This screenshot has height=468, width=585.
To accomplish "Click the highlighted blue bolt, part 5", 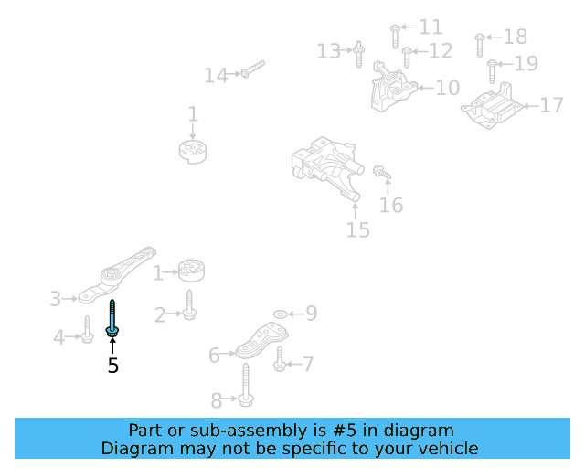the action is (x=112, y=318).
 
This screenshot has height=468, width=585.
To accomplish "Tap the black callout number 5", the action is (x=113, y=366).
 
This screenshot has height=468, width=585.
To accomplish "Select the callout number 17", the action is (x=551, y=105).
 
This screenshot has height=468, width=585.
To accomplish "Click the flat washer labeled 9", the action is (x=281, y=314).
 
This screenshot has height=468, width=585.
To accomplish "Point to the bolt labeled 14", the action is (x=253, y=69).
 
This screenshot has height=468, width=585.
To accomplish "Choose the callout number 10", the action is (x=448, y=88).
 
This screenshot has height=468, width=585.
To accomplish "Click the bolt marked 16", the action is (x=382, y=173).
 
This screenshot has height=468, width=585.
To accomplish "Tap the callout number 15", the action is (x=358, y=230).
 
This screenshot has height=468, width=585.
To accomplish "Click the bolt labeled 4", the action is (x=87, y=330).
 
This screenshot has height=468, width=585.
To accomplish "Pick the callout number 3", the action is (x=56, y=299).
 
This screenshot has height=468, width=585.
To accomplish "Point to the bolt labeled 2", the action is (x=189, y=305).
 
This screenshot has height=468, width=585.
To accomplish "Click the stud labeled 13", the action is (x=358, y=54).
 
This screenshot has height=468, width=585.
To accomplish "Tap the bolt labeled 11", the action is (x=395, y=37).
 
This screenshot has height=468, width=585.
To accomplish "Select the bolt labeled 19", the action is (x=492, y=71).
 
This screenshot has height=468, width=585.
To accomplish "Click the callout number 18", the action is (x=516, y=37).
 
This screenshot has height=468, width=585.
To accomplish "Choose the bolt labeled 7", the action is (x=280, y=359).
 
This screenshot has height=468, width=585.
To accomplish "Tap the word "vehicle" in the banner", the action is (x=449, y=448).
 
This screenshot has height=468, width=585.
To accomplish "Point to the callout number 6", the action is (x=214, y=355).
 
